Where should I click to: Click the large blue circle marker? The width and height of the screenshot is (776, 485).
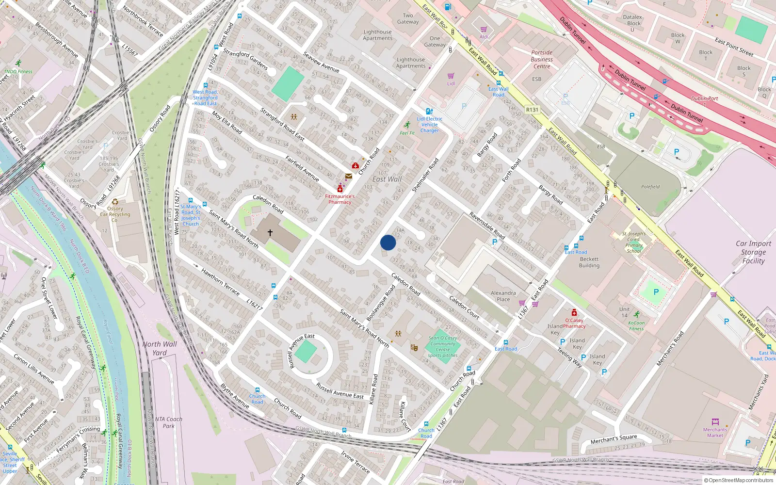point(388,242)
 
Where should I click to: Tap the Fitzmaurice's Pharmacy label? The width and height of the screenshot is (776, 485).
point(339,199)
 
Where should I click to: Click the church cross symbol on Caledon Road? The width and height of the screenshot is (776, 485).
point(270,233)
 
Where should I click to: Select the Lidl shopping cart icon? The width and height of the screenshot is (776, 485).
point(451,76)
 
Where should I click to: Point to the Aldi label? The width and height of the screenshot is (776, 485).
point(484,37)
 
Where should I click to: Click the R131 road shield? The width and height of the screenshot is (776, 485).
point(532,110)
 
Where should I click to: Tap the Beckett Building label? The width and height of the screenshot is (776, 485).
point(589,262)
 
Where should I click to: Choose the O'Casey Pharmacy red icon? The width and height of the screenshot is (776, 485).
point(574,313)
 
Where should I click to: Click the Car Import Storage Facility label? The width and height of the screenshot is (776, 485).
point(753,252)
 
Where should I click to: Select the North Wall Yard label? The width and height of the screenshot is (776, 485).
point(160,348)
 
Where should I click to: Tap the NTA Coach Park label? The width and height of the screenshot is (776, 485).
point(169,422)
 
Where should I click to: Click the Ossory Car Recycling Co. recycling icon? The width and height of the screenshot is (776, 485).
point(115,202)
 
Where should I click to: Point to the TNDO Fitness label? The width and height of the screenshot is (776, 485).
point(18,71)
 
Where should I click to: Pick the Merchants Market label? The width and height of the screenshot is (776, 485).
point(715,432)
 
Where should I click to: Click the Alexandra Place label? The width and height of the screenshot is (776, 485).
point(503,296)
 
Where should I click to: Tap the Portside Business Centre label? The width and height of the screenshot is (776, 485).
point(542,59)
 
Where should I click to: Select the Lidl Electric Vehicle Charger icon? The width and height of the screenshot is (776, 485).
point(429,111)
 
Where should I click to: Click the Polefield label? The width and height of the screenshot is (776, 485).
point(650,187)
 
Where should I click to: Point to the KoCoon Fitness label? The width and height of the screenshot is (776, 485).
point(636,325)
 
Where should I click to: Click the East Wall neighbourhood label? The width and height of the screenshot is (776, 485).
point(387,179)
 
